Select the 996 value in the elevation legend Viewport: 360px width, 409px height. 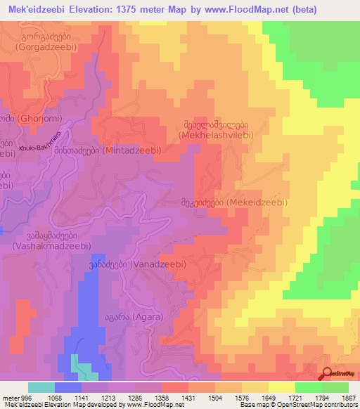[x=20, y=398]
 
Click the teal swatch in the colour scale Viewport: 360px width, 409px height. [x=41, y=387]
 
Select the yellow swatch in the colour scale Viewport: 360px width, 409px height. [x=281, y=387]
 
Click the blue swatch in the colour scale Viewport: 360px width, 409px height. [x=67, y=387]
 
